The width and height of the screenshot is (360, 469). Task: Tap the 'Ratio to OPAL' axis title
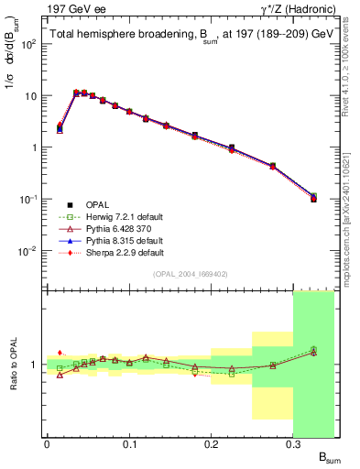click(x=14, y=364)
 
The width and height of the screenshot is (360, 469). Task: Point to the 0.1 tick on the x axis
click(x=129, y=444)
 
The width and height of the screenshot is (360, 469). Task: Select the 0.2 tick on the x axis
click(x=212, y=444)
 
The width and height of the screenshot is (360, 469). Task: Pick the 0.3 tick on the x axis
click(x=293, y=444)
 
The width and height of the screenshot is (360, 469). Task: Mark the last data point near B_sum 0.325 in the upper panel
click(x=313, y=197)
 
